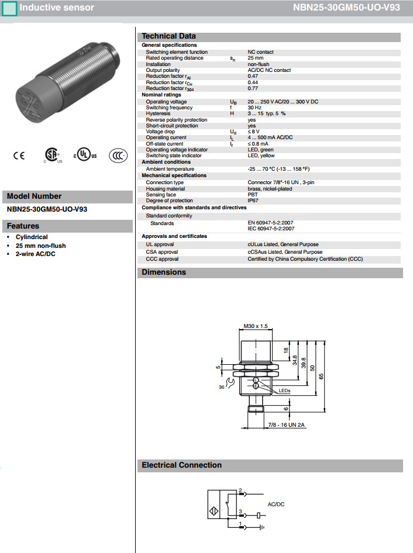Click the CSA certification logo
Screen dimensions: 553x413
pyautogui.click(x=53, y=154)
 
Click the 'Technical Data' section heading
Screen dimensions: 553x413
pyautogui.click(x=168, y=36)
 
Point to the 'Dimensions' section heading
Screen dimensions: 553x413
pyautogui.click(x=164, y=272)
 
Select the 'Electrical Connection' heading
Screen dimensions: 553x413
pyautogui.click(x=181, y=465)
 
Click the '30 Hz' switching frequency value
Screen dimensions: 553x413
pyautogui.click(x=254, y=108)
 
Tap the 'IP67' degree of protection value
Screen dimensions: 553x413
pyautogui.click(x=253, y=201)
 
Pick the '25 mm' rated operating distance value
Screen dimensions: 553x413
pyautogui.click(x=256, y=58)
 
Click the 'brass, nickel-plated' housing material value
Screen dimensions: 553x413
pyautogui.click(x=270, y=189)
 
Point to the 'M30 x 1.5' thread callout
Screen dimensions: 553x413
pyautogui.click(x=255, y=326)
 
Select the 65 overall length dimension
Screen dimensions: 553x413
pyautogui.click(x=338, y=377)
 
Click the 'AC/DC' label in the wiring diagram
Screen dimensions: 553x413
pyautogui.click(x=276, y=504)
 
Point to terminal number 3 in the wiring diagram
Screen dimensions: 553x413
pyautogui.click(x=240, y=511)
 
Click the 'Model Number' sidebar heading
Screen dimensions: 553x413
pyautogui.click(x=34, y=196)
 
